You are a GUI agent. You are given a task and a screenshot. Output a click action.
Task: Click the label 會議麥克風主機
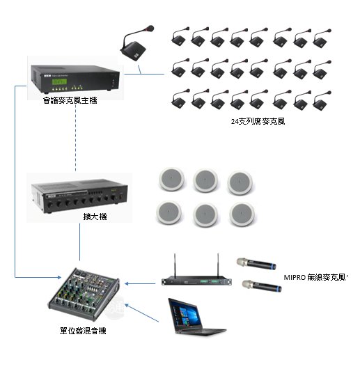[70, 100]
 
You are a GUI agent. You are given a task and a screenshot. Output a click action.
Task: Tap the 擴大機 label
[95, 217]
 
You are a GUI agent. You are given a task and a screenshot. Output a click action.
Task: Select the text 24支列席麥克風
[258, 121]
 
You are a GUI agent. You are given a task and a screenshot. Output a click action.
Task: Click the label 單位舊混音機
[83, 331]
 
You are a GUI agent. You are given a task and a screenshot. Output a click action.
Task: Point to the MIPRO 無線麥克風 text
[315, 278]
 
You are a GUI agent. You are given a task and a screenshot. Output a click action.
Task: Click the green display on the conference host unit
[59, 81]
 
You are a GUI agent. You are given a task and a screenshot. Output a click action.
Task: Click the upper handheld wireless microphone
[256, 264]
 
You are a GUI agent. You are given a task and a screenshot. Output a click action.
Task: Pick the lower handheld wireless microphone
[262, 286]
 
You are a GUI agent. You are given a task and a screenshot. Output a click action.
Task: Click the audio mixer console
[84, 295]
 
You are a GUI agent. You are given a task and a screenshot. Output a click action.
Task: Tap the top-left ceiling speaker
[171, 180]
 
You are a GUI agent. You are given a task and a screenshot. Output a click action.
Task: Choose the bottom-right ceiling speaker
[242, 214]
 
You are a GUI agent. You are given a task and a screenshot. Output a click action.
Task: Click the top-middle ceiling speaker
[205, 180]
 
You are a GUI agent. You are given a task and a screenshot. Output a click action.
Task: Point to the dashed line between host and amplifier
[75, 138]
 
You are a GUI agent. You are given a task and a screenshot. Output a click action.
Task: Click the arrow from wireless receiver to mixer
[140, 283]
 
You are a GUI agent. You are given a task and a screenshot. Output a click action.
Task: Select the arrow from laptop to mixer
[141, 313]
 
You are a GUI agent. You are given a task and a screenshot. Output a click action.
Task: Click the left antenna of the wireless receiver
[175, 266]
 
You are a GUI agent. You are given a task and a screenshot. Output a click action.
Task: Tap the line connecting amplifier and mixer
[80, 242]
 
